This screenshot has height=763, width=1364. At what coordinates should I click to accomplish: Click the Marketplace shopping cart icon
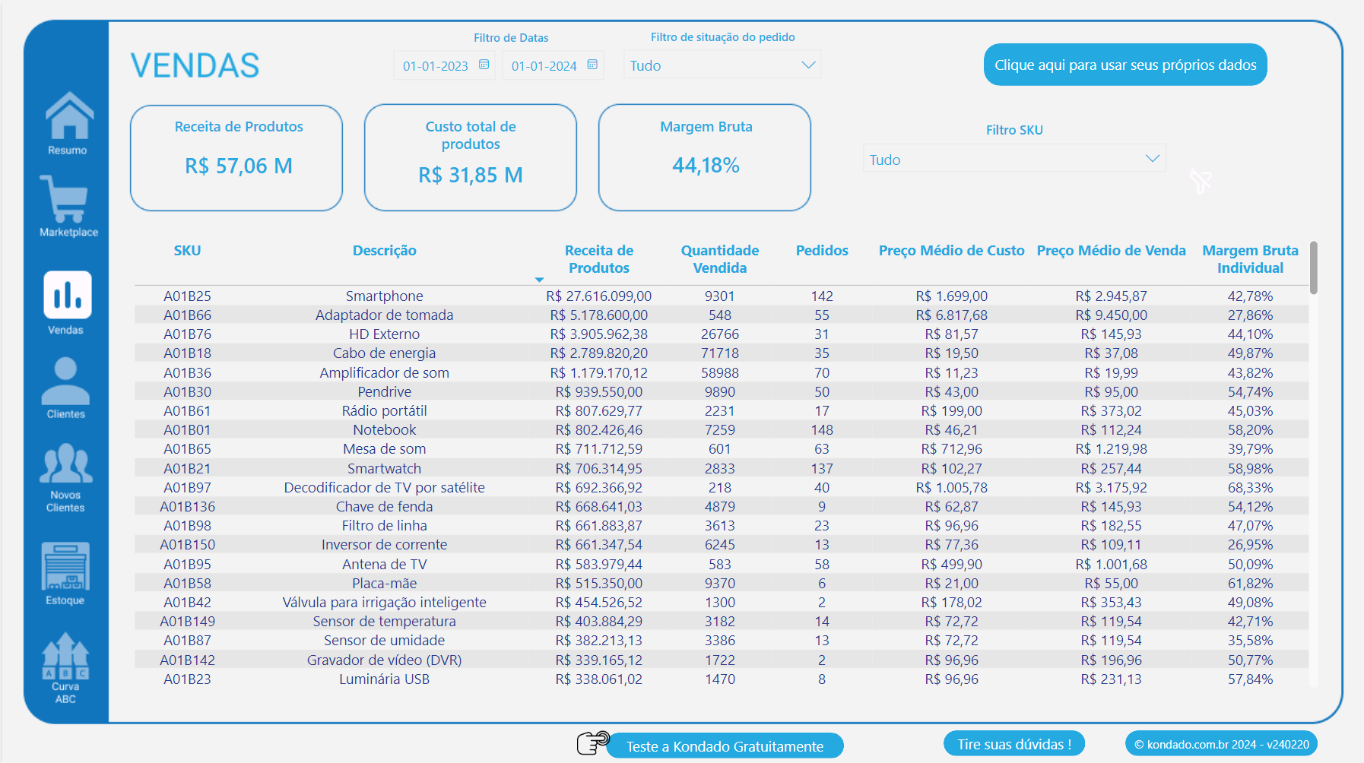pyautogui.click(x=65, y=199)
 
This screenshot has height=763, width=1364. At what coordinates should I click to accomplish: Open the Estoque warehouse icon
pyautogui.click(x=65, y=566)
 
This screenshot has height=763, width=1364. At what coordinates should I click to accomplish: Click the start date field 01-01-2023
pyautogui.click(x=436, y=66)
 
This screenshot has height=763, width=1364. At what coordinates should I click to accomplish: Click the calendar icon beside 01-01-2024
pyautogui.click(x=593, y=65)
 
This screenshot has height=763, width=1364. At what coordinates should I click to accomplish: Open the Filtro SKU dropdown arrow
pyautogui.click(x=1152, y=159)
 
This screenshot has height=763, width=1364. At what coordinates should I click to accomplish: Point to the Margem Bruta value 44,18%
pyautogui.click(x=706, y=165)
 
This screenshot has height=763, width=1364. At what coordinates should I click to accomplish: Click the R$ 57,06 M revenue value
pyautogui.click(x=239, y=166)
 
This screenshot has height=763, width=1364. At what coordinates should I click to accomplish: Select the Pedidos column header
pyautogui.click(x=822, y=251)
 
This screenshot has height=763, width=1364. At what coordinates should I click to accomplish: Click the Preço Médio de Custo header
pyautogui.click(x=951, y=251)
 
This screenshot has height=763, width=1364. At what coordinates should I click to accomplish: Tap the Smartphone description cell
pyautogui.click(x=384, y=296)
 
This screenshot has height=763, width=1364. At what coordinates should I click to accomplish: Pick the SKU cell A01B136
pyautogui.click(x=187, y=506)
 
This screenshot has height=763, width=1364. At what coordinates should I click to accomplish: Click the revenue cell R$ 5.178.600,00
pyautogui.click(x=598, y=315)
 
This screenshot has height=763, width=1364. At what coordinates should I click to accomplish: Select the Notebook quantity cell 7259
pyautogui.click(x=719, y=429)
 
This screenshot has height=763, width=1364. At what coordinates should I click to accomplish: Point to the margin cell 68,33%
pyautogui.click(x=1250, y=487)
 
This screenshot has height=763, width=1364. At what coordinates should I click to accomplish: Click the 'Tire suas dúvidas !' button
pyautogui.click(x=1013, y=744)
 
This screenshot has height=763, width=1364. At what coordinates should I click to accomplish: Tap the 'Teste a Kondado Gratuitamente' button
pyautogui.click(x=725, y=746)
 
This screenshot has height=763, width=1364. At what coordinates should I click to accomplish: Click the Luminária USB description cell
pyautogui.click(x=384, y=679)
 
